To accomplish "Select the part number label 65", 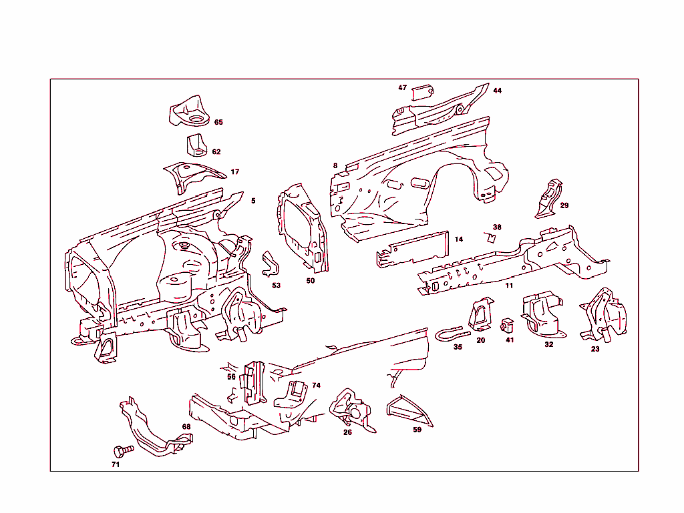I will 218,122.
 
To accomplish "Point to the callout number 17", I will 235,172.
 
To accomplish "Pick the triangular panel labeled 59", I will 409,410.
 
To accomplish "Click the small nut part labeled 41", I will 507,326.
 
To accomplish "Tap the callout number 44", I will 498,91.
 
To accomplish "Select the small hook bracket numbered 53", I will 271,264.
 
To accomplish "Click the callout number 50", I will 311,281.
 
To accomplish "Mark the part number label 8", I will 335,165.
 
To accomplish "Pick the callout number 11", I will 509,286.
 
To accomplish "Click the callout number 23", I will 595,349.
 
